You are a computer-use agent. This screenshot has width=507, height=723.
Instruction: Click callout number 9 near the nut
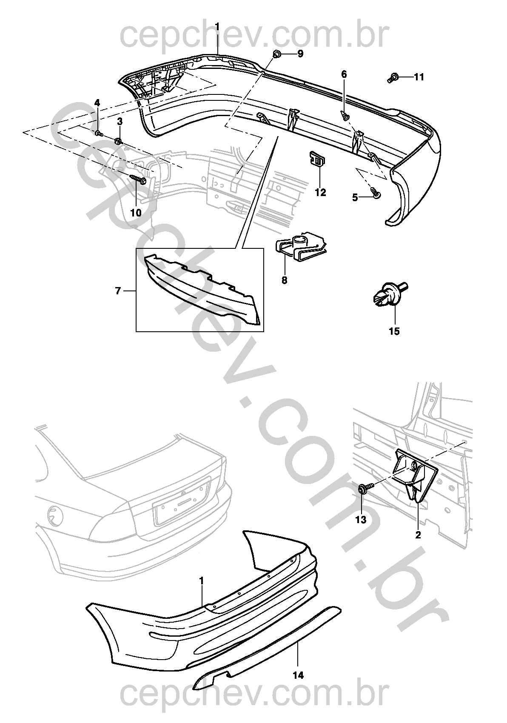tap(300, 54)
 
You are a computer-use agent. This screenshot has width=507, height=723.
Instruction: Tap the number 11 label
tap(419, 77)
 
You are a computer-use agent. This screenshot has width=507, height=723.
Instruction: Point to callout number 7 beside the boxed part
tap(118, 291)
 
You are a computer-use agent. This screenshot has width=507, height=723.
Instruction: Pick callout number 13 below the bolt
tap(361, 520)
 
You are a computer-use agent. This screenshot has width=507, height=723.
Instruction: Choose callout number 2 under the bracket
tap(418, 535)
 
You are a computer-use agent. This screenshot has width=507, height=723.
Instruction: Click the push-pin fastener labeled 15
tap(387, 295)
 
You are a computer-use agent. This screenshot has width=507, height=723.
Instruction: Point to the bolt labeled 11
tap(393, 78)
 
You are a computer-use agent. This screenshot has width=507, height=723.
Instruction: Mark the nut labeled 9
tap(277, 54)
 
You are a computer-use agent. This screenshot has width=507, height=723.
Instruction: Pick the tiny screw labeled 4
tap(99, 133)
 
